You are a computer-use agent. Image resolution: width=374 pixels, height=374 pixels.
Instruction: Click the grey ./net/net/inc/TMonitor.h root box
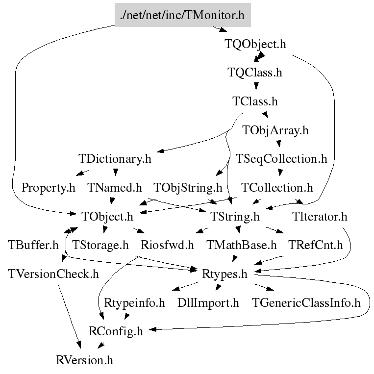(183, 15)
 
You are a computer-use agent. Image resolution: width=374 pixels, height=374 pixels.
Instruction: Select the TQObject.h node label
(255, 44)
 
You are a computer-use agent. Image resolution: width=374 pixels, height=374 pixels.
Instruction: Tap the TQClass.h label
(255, 73)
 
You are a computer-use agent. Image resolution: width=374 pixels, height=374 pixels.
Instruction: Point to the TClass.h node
(255, 101)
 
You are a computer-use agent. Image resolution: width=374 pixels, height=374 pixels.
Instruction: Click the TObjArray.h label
(275, 130)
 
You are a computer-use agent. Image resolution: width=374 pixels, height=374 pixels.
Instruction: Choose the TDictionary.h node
(115, 159)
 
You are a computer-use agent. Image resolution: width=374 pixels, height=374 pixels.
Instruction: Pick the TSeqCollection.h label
(281, 159)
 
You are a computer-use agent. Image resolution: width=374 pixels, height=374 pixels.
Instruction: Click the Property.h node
(49, 188)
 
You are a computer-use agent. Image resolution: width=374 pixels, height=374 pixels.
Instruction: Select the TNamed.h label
(115, 188)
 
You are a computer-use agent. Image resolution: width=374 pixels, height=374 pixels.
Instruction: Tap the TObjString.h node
(188, 188)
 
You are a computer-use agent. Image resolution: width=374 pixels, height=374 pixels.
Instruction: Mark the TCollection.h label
(277, 188)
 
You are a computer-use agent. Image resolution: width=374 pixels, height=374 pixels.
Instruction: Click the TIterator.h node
(320, 217)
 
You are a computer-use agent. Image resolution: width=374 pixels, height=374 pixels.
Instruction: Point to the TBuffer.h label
(33, 245)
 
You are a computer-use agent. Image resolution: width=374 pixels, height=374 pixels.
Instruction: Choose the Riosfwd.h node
(167, 245)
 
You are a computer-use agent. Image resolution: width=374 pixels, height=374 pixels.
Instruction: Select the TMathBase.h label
(241, 245)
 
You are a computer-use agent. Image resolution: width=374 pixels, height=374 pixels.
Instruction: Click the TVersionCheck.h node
(53, 274)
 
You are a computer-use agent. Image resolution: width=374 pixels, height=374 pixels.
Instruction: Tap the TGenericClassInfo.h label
(306, 303)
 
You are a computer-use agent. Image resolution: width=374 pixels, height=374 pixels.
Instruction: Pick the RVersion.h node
(84, 360)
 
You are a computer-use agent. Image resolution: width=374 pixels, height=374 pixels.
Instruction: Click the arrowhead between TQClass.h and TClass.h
(256, 86)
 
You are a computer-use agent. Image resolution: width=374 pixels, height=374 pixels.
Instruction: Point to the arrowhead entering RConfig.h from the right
(152, 329)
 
